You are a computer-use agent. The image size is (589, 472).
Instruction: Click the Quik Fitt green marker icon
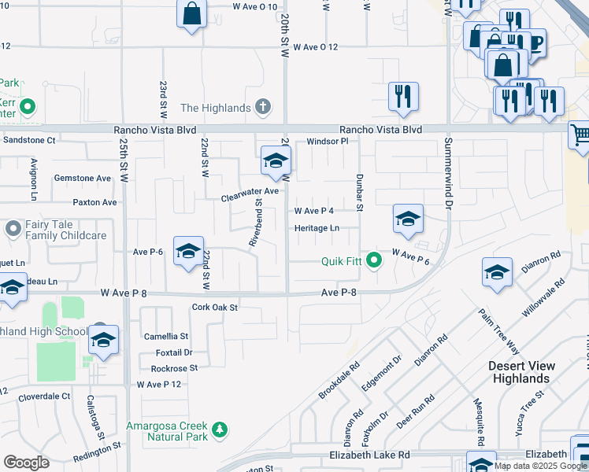pyautogui.click(x=375, y=257)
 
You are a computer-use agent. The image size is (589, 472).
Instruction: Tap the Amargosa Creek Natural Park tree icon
pyautogui.click(x=221, y=429)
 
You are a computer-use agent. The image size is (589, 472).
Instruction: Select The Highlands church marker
pyautogui.click(x=263, y=108)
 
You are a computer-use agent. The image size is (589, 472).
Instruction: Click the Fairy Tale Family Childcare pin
pyautogui.click(x=13, y=229)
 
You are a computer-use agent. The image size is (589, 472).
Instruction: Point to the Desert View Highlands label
pyautogui.click(x=520, y=372)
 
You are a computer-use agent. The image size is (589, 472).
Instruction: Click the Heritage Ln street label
pyautogui.click(x=317, y=228)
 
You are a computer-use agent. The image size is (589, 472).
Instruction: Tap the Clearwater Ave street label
pyautogui.click(x=250, y=191)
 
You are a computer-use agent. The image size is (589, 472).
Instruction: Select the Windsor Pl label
pyautogui.click(x=327, y=142)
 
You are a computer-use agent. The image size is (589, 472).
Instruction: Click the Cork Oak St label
pyautogui.click(x=215, y=308)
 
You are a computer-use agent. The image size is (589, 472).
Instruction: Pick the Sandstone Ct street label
pyautogui.click(x=30, y=140)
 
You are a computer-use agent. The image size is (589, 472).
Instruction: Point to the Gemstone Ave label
pyautogui.click(x=82, y=179)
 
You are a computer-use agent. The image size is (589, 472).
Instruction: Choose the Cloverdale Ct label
pyautogui.click(x=44, y=396)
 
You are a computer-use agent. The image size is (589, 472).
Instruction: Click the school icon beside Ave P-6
pyautogui.click(x=188, y=251)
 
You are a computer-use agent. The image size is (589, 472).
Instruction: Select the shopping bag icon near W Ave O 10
pyautogui.click(x=191, y=14)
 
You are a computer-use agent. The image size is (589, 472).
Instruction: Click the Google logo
pyautogui.click(x=26, y=463)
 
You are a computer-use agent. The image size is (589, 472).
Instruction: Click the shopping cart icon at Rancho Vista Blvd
pyautogui.click(x=580, y=135)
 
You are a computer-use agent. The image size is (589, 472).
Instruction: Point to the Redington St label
pyautogui.click(x=95, y=450)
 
